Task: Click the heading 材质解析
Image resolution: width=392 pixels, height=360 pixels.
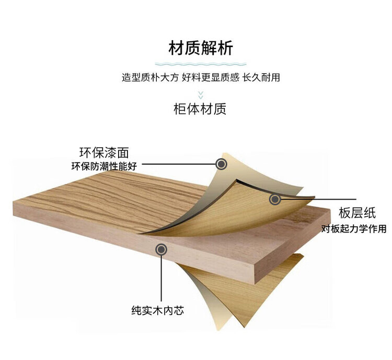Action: point(201,49)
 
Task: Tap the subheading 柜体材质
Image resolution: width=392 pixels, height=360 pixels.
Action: point(200,109)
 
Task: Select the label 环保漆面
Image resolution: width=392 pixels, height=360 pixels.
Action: point(103,153)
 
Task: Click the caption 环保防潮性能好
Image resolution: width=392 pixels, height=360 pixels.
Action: point(104,167)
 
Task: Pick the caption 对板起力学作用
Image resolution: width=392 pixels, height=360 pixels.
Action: point(354,228)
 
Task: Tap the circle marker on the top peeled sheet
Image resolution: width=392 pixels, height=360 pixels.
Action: point(222,164)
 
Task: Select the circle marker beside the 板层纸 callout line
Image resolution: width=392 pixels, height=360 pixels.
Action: point(274,199)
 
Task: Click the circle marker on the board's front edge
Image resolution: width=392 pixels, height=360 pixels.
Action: point(162,250)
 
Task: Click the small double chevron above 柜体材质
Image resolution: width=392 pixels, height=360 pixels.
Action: point(200,95)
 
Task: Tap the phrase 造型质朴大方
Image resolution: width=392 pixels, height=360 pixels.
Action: point(150,77)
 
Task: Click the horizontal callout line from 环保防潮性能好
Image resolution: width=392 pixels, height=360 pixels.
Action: point(178,164)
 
